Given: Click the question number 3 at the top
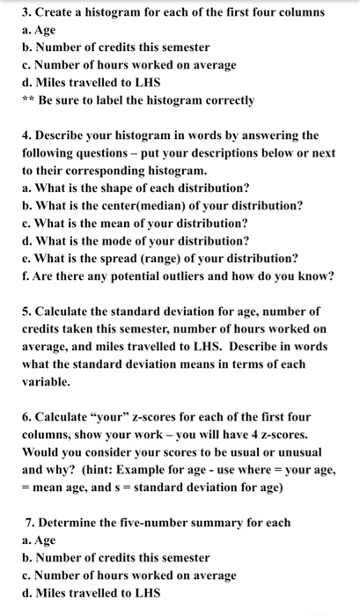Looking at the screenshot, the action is coord(25,13).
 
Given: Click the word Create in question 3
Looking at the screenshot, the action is coord(56,13).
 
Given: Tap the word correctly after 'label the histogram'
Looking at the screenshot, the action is coord(226,100).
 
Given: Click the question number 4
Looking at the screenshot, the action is coord(26,135).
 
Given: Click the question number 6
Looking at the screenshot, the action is coord(25,415).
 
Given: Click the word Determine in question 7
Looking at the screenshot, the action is coord(72,522).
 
